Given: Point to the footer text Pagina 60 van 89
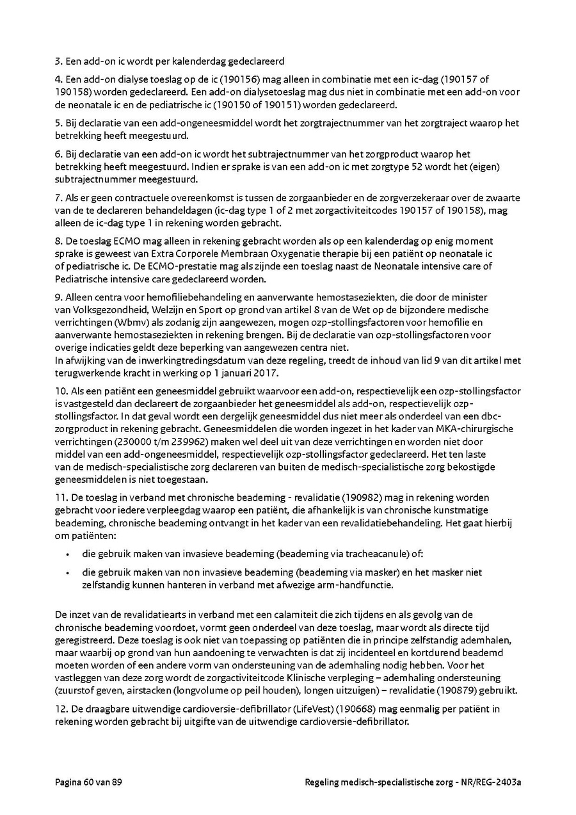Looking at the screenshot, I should [x=88, y=783].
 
